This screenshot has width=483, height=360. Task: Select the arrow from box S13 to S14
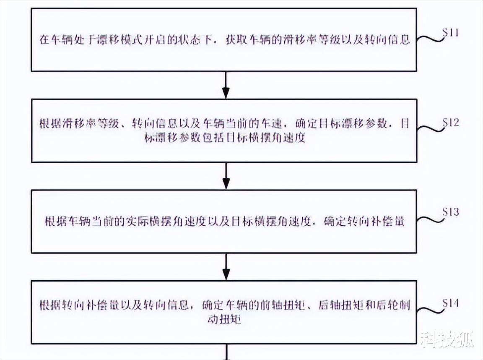[226, 266]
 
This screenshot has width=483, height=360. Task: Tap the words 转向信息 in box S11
[388, 41]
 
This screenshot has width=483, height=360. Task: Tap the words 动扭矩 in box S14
[224, 319]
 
